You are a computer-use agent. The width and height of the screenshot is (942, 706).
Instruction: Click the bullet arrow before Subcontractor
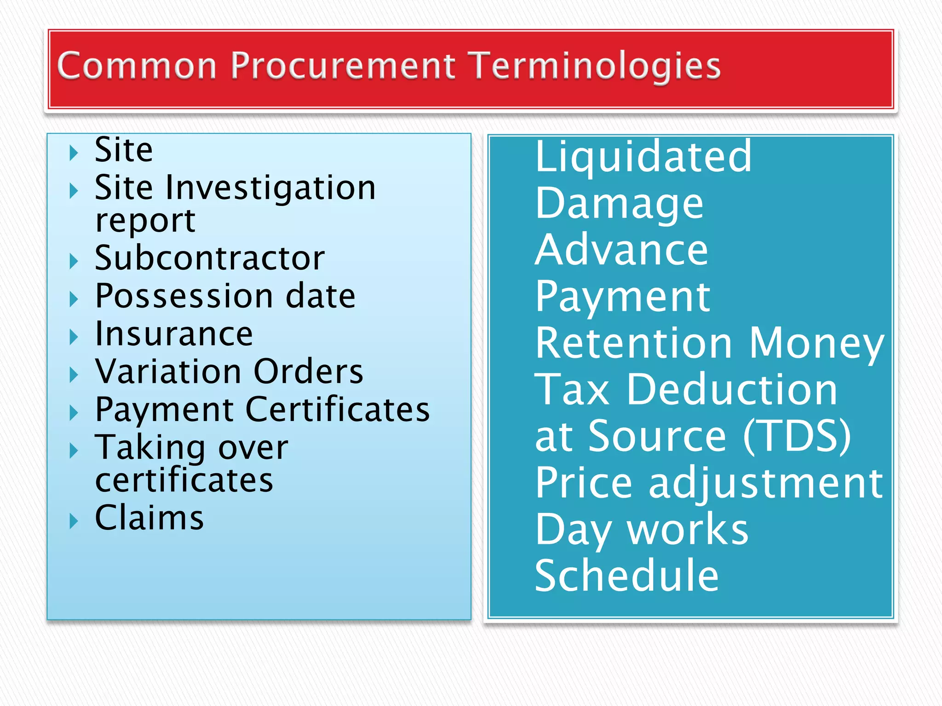pyautogui.click(x=74, y=261)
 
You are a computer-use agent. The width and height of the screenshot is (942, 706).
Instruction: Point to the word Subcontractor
pyautogui.click(x=210, y=258)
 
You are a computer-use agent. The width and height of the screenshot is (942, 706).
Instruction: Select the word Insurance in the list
pyautogui.click(x=174, y=334)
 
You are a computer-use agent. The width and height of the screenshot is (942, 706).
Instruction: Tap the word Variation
pyautogui.click(x=168, y=371)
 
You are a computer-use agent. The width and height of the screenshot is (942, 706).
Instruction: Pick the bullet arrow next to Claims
pyautogui.click(x=74, y=521)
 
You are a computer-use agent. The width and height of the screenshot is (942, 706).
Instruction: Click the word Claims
pyautogui.click(x=149, y=518)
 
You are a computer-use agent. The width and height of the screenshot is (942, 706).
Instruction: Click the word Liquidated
pyautogui.click(x=643, y=157)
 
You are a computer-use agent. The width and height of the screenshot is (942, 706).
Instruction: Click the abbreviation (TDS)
pyautogui.click(x=797, y=436)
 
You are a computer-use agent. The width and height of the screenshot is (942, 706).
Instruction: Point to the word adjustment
pyautogui.click(x=765, y=483)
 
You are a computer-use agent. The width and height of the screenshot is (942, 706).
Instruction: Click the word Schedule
pyautogui.click(x=626, y=575)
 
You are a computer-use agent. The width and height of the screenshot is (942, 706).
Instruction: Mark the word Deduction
pyautogui.click(x=732, y=390)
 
